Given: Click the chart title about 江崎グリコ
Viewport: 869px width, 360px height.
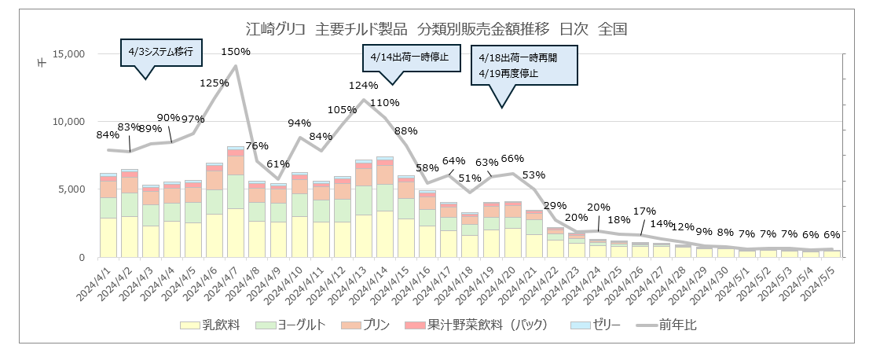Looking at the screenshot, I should [436, 30].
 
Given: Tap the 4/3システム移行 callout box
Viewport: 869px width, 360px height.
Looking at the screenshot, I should [160, 53].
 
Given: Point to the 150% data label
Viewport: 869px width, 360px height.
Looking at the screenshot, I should [236, 52].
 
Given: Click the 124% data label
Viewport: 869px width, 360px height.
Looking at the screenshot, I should [364, 85].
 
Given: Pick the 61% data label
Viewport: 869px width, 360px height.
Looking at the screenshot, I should [278, 163].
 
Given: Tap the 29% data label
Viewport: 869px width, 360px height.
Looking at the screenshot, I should [555, 206].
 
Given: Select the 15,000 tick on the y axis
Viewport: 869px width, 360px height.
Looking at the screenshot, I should [68, 54].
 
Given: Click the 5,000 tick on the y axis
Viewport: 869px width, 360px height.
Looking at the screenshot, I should [71, 189].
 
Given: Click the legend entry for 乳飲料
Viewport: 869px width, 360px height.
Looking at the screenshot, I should [211, 324].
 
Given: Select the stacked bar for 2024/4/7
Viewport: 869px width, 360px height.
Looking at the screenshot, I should [236, 202].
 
